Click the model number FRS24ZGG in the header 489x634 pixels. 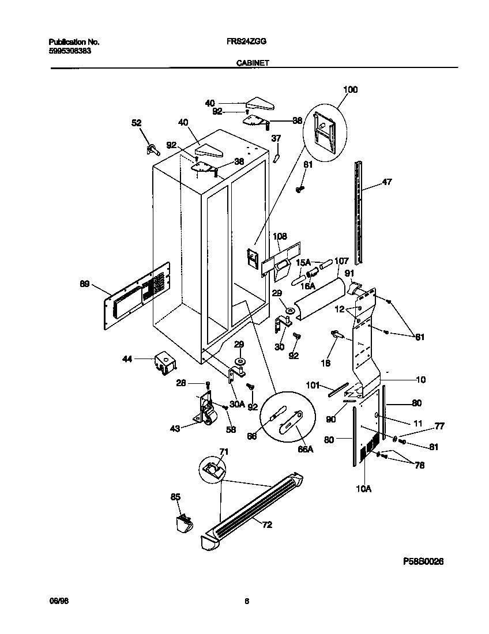[250, 42]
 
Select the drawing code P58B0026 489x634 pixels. [423, 561]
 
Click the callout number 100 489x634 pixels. [350, 89]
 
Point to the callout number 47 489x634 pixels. [387, 183]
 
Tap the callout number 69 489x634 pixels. [85, 284]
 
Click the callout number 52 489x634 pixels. [137, 123]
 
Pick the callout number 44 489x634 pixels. [127, 358]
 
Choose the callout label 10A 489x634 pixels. [363, 489]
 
